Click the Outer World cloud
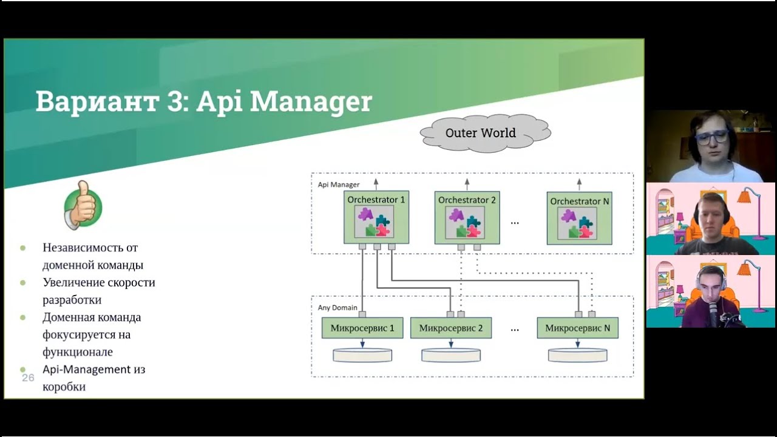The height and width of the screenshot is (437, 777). click(480, 133)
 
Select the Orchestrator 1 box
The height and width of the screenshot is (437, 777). click(376, 217)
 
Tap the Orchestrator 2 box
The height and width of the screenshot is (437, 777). click(467, 217)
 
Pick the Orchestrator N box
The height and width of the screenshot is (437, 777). click(579, 218)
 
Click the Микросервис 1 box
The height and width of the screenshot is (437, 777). click(362, 328)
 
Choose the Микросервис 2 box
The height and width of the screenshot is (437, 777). click(451, 328)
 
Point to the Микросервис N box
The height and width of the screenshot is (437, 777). click(577, 328)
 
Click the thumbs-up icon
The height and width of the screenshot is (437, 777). click(83, 205)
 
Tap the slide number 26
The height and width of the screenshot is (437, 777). click(28, 378)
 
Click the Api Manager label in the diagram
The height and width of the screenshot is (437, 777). click(339, 185)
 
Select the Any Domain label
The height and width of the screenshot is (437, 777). click(338, 308)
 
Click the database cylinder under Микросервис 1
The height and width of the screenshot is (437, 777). click(362, 355)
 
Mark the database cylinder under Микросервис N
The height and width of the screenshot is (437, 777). click(577, 355)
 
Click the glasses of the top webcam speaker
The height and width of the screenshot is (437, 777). click(711, 137)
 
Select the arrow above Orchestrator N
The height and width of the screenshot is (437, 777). click(579, 183)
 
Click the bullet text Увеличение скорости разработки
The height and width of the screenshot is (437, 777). click(99, 291)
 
